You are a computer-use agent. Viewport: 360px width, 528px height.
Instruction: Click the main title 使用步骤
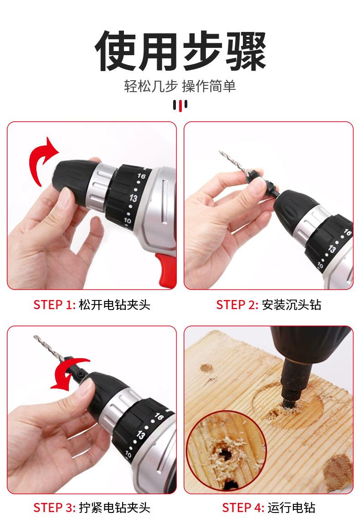[180, 51]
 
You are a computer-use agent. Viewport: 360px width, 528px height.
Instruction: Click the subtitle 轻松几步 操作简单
[180, 86]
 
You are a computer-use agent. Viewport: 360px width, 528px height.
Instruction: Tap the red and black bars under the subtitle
[180, 105]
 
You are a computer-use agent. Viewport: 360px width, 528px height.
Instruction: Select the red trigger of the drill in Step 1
[167, 269]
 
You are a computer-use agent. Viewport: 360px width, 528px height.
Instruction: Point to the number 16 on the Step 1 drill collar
[141, 176]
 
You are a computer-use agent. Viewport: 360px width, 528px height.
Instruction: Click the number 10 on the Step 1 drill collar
[127, 221]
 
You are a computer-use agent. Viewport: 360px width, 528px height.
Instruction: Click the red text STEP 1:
[55, 305]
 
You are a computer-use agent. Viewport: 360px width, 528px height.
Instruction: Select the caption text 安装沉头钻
[291, 305]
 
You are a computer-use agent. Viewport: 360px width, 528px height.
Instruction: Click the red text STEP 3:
[55, 507]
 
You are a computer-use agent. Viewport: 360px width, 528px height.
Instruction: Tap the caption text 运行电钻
[291, 507]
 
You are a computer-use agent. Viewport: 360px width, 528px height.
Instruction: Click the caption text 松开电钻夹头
[114, 305]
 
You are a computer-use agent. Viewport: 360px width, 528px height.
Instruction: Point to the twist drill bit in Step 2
[234, 163]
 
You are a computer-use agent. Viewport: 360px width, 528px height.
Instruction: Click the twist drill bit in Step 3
[49, 348]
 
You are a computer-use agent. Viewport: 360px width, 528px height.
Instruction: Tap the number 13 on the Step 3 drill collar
[140, 435]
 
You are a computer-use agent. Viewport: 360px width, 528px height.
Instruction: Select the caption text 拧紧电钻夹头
[114, 507]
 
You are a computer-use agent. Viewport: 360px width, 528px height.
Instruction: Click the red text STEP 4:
[243, 507]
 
